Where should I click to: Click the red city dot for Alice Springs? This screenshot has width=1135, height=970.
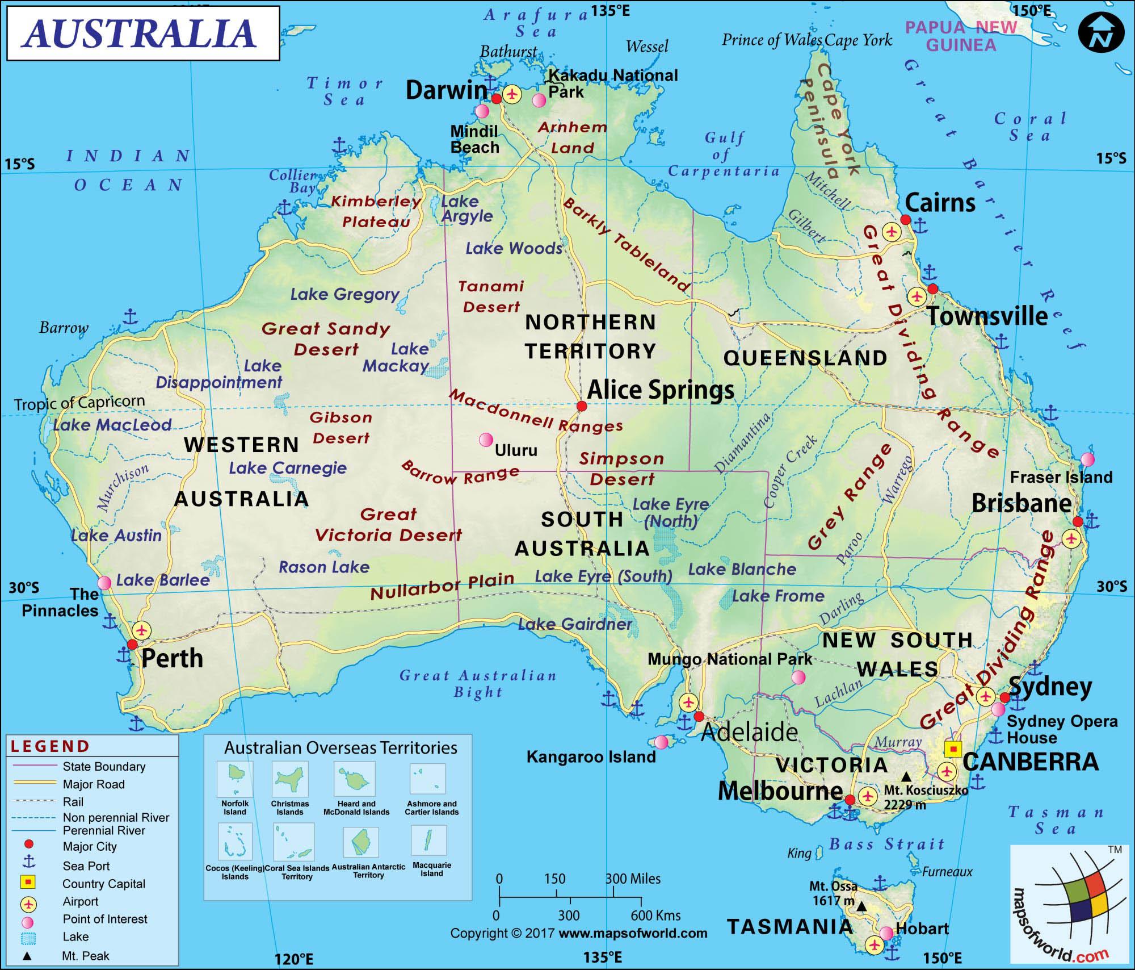click(581, 406)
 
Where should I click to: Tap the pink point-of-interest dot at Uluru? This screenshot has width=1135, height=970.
click(486, 440)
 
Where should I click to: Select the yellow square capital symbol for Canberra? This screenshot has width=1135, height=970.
click(953, 749)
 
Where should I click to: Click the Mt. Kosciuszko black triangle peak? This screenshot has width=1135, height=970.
click(907, 776)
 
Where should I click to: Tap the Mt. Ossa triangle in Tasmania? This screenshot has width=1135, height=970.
click(861, 907)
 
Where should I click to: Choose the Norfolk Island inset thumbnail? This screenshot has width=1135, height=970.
click(234, 779)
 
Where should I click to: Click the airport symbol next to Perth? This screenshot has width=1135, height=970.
click(142, 630)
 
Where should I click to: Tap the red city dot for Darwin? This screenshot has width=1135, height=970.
click(496, 98)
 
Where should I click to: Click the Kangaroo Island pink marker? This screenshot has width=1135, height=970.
click(661, 742)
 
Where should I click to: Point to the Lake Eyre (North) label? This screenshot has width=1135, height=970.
click(671, 512)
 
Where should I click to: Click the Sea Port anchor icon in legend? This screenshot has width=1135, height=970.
click(28, 863)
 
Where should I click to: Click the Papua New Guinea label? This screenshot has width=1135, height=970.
click(961, 36)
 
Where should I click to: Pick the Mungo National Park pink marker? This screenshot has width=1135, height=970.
click(798, 677)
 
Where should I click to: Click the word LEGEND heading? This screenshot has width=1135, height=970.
click(50, 746)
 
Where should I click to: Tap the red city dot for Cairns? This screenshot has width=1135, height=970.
click(905, 220)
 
